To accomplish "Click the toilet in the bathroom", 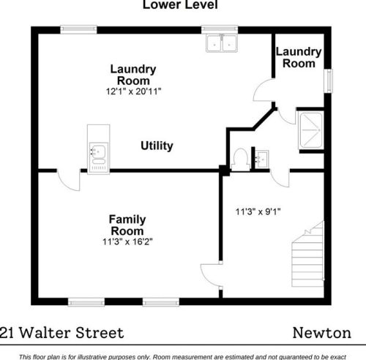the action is [240, 160].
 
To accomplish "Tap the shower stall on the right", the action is [311, 130].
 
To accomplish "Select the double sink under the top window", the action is [222, 43].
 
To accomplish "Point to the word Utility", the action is [157, 146].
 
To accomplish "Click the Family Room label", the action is [127, 225].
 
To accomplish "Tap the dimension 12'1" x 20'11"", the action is [133, 91].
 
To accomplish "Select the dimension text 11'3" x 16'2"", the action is [127, 241].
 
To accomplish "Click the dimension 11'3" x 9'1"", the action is [258, 211].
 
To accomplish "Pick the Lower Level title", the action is [180, 5].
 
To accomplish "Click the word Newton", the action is [322, 333].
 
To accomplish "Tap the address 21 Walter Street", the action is [61, 333].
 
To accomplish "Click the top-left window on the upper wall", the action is [78, 29].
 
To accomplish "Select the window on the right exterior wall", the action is [329, 80].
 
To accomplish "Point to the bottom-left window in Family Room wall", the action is [86, 302].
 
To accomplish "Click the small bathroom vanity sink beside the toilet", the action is [262, 160].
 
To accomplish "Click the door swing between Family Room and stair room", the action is [211, 275].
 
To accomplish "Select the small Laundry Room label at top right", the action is [299, 58].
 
